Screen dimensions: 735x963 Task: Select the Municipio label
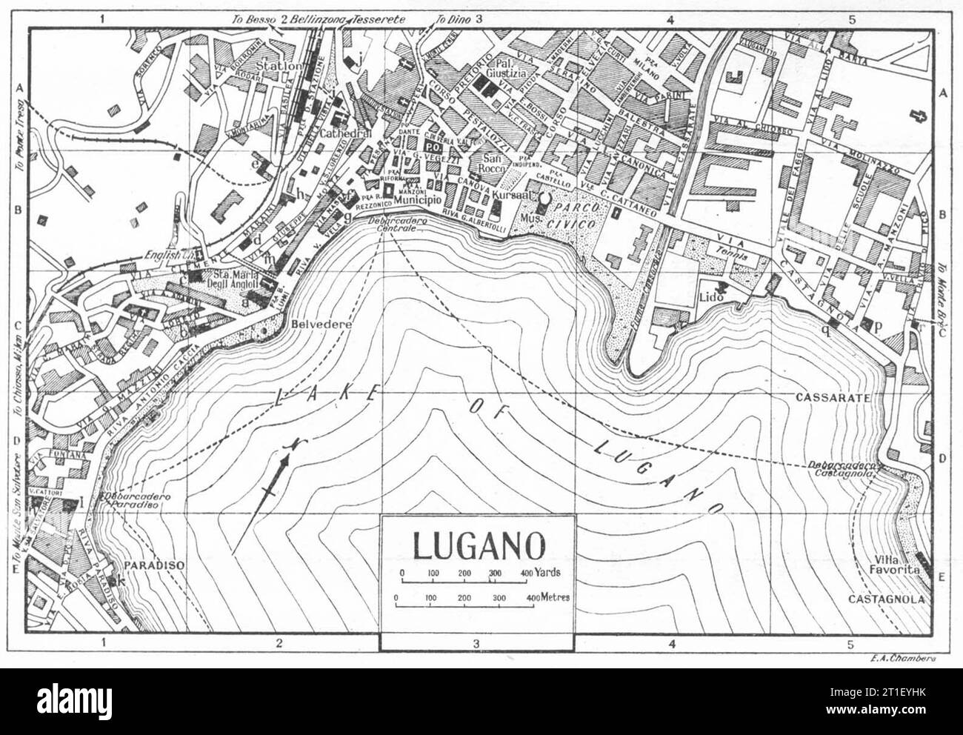point(417,200)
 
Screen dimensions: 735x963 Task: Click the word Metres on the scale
point(554,596)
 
